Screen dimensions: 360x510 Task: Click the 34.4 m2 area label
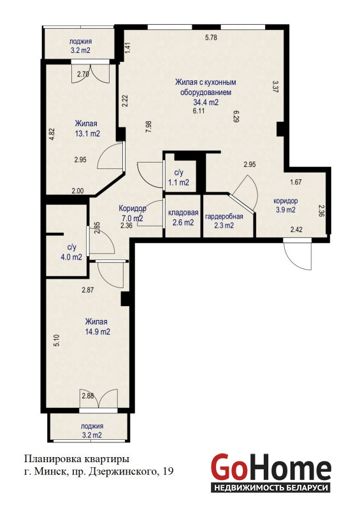coord(206,102)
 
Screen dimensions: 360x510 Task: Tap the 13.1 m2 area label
coord(87,133)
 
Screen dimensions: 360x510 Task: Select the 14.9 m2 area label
coord(97,331)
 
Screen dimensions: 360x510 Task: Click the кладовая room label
coord(183,213)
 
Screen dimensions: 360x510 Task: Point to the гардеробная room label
coord(224,216)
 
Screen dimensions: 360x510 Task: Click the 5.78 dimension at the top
coord(211,38)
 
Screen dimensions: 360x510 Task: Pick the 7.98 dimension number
coord(149,126)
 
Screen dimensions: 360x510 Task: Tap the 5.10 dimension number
coord(57,340)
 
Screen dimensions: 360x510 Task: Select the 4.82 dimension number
coord(52,135)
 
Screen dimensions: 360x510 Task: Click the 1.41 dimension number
coord(128,48)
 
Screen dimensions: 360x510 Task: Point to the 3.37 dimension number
coord(275,87)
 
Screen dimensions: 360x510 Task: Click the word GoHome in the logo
coord(271,467)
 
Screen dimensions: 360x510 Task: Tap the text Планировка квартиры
coord(76,459)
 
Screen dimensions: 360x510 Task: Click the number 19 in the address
coord(168,470)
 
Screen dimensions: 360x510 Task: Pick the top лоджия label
coord(81,41)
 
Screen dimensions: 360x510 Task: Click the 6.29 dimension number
coord(236,116)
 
